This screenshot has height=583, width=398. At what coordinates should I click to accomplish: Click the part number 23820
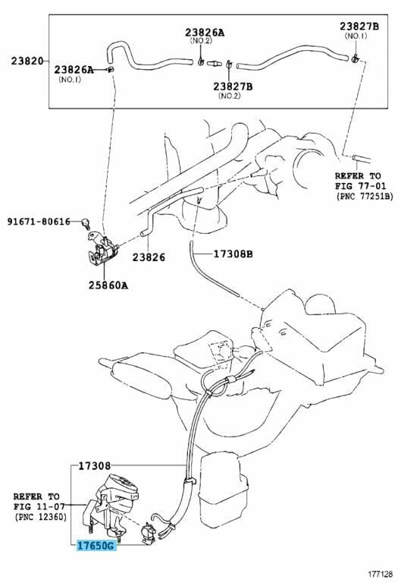point(27,61)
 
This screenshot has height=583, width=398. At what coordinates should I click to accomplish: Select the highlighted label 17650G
point(96,546)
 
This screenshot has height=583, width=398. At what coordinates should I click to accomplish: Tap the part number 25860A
point(108,285)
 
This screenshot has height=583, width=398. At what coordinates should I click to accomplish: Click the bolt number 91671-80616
point(39,222)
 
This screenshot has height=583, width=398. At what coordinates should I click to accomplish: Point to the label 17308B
point(233,254)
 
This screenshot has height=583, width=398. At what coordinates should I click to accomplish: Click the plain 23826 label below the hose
point(149,257)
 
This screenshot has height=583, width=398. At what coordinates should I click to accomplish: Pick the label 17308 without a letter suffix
point(94,466)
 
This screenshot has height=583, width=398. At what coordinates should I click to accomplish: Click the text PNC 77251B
point(364,196)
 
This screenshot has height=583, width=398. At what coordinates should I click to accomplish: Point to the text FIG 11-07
point(39,506)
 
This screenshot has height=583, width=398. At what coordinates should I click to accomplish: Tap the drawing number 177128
point(380,575)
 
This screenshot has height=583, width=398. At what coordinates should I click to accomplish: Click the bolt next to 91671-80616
point(86,223)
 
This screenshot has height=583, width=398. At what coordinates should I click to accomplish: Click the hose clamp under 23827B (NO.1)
point(354,58)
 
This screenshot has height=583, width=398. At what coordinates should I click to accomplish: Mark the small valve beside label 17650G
point(149,534)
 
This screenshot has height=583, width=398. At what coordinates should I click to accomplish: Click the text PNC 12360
point(40,517)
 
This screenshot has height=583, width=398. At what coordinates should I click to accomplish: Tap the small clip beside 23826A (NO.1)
point(110,69)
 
